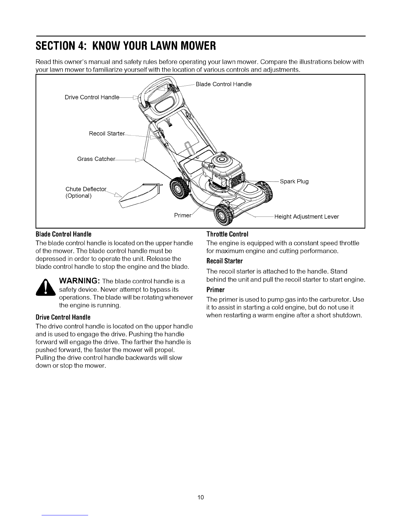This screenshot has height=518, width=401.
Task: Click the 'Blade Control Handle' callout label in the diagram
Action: point(223,84)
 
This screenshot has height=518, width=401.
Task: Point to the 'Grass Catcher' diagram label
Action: point(96,159)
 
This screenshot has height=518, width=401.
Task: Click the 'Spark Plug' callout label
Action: point(294,181)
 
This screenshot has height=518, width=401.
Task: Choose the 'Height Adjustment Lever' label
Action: point(306,216)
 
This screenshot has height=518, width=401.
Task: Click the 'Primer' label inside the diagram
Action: point(182,215)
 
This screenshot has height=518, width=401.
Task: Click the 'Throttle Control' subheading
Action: point(227,234)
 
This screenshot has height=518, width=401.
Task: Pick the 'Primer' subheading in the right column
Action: point(215,290)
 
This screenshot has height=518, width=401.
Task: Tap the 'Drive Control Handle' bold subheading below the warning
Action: point(63,318)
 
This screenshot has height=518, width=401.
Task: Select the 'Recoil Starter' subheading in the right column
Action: point(224,261)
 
